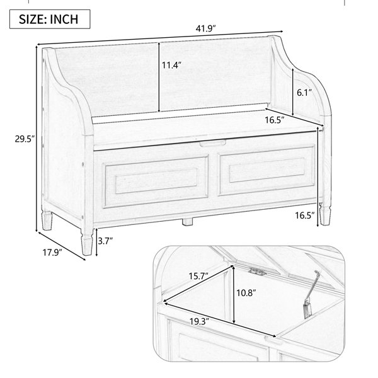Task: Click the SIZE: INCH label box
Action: pos(50,20)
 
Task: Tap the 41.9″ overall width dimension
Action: pos(205,29)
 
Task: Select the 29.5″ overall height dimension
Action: pos(25,139)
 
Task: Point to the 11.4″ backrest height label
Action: pos(171,65)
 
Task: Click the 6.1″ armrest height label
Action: pos(304,93)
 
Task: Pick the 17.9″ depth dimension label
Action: pos(52,253)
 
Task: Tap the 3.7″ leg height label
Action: pos(105,241)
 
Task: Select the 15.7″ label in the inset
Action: pos(198,276)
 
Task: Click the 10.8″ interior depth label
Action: pos(246,293)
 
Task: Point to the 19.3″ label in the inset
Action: pos(199,321)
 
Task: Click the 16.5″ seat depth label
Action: pos(275,120)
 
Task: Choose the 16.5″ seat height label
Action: pos(305,215)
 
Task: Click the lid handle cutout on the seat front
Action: pos(213,143)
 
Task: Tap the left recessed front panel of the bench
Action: pos(156,181)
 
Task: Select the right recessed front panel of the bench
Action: pos(266,170)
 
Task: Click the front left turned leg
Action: pos(87,242)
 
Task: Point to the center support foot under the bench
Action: pos(187,222)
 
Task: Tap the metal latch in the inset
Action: pos(257,272)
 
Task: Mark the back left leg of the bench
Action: pos(47,220)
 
